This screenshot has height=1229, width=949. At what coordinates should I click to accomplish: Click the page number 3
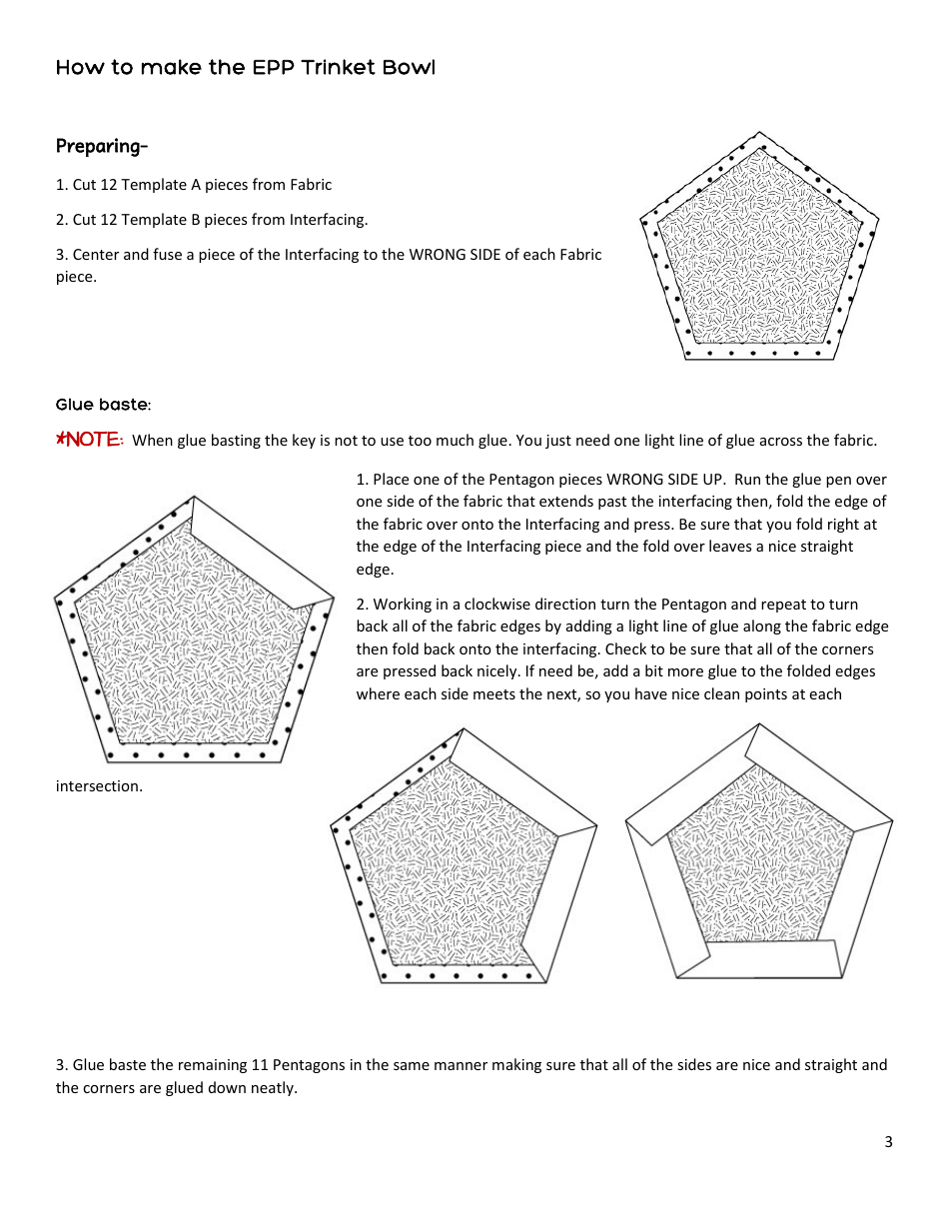tap(888, 1142)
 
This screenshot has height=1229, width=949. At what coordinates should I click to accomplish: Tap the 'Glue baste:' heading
tap(103, 405)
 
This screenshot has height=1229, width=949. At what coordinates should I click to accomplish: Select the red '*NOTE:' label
tap(90, 440)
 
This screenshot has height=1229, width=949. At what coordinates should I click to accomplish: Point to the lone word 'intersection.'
tap(99, 786)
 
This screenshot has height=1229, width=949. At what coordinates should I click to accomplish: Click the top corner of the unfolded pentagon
tap(760, 134)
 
